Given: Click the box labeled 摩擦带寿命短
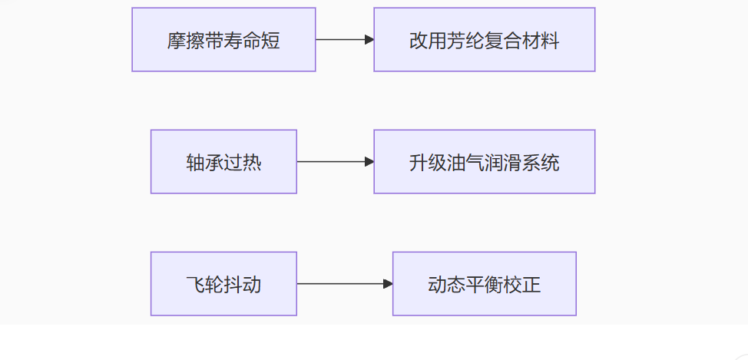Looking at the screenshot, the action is [x=223, y=40].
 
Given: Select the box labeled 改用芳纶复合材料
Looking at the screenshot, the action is [x=484, y=40].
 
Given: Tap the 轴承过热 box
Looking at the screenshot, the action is [x=223, y=162].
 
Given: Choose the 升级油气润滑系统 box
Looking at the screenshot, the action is [x=484, y=162].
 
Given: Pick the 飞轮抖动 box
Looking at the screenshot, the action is [x=223, y=284].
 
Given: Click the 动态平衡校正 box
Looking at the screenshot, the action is [x=484, y=284].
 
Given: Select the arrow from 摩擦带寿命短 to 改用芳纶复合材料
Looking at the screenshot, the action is [x=345, y=40].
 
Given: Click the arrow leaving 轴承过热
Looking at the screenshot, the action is [x=336, y=162].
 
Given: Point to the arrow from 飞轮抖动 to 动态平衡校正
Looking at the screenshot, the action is [x=344, y=284].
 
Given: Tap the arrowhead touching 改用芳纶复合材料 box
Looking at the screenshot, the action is [x=369, y=40].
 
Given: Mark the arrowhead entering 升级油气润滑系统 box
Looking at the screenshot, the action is [x=369, y=162].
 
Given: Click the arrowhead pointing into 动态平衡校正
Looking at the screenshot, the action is [x=388, y=284].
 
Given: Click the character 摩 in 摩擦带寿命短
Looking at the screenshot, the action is [x=177, y=41].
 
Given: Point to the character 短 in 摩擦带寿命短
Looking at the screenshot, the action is [x=270, y=41].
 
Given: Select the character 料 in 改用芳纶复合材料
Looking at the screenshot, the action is [x=550, y=41].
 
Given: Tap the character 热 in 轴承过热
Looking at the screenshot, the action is [x=252, y=163].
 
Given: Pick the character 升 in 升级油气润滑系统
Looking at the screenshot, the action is [x=419, y=163].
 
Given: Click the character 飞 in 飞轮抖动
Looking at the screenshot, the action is [x=196, y=285].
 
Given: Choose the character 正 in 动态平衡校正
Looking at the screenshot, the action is [x=531, y=285].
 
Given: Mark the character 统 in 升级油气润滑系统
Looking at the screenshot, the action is [x=550, y=163].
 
